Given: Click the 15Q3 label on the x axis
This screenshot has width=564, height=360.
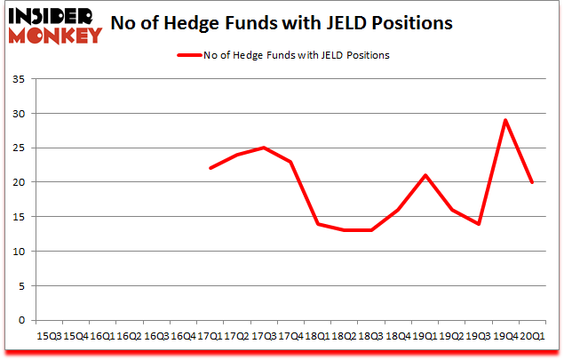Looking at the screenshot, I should (49, 336).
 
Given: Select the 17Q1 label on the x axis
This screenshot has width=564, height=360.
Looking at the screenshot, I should (210, 336).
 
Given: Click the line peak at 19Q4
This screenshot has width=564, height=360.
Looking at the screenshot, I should (504, 120).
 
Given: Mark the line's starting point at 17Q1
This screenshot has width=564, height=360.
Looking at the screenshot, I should (210, 168).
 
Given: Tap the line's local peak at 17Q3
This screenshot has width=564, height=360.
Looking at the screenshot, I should (264, 148).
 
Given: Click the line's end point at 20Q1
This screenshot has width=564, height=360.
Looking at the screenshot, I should (531, 182).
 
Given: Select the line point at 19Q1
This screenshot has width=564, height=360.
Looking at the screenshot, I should (425, 175).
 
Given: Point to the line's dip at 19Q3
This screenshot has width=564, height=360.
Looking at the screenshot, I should (478, 223).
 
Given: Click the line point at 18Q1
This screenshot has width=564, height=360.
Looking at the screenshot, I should (317, 223).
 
